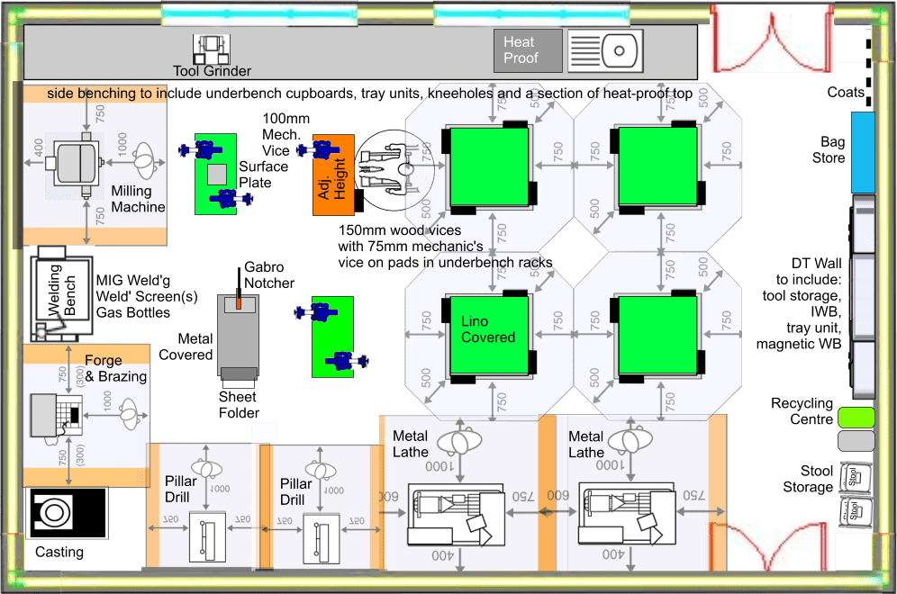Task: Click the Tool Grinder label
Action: (212, 71)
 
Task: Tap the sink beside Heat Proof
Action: (605, 49)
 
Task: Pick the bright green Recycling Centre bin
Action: (856, 417)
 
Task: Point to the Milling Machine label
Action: (138, 199)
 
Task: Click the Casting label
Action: (59, 552)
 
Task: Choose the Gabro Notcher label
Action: (269, 275)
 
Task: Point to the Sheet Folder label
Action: (238, 404)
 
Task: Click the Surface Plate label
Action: (264, 174)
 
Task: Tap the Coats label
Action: (846, 92)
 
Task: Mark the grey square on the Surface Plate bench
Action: (216, 173)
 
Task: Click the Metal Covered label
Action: (186, 346)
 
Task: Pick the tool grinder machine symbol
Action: (212, 48)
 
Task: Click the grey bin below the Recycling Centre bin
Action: (856, 440)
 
